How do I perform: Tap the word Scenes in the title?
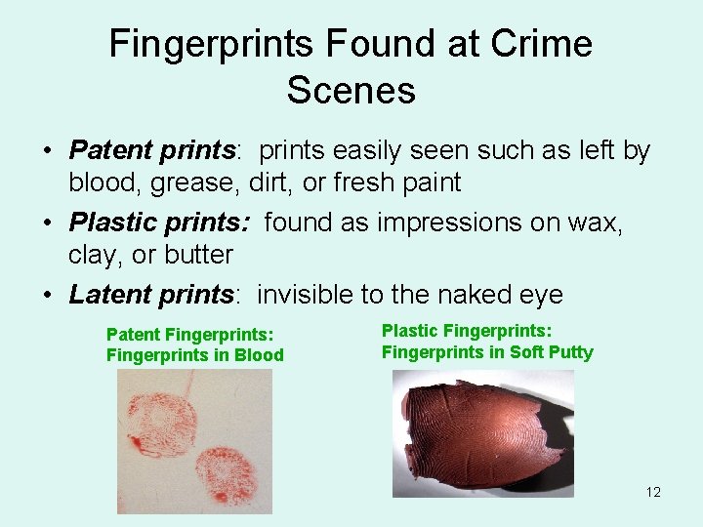pos(351,90)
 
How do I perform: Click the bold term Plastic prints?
pos(158,223)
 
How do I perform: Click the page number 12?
pos(653,492)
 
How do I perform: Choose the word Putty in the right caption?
pos(569,352)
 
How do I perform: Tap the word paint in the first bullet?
pos(423,182)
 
